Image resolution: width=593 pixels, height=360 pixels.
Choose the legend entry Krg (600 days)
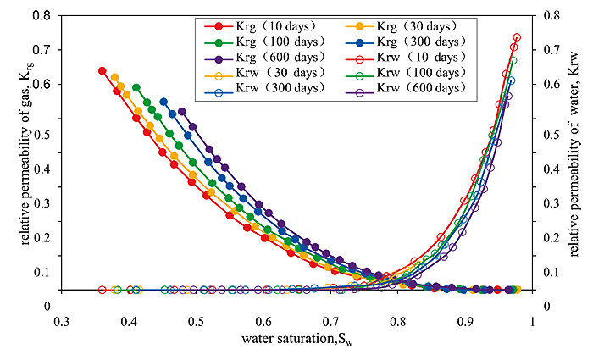point(258,57)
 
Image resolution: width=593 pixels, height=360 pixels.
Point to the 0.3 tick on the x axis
point(60,323)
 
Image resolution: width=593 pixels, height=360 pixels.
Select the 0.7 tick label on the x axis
point(330,323)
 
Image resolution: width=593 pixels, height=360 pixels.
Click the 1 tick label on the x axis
point(531,323)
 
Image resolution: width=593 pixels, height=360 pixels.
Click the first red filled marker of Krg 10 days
point(103,70)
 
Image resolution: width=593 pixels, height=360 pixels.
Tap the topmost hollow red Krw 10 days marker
point(517,37)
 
